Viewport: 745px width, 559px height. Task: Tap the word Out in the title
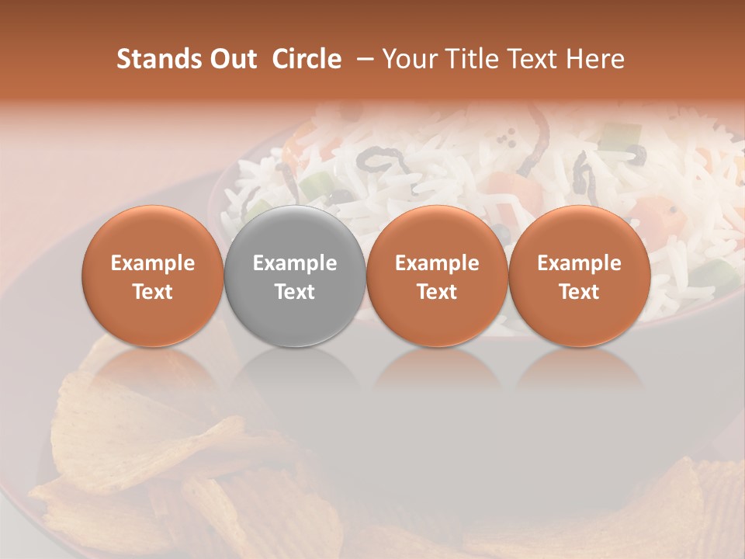coord(233,59)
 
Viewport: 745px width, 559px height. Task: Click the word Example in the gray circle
coord(295,263)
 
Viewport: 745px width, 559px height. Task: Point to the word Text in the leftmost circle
coord(152,292)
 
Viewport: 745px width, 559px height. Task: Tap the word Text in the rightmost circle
coord(579,292)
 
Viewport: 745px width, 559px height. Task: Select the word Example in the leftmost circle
coord(152,263)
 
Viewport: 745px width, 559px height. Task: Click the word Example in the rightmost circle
coord(579,263)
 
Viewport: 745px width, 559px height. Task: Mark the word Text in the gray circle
coord(295,292)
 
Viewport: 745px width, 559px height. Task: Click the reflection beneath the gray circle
coord(295,373)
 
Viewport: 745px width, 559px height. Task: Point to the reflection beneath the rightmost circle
coord(579,373)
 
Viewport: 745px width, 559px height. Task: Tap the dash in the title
coord(362,59)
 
